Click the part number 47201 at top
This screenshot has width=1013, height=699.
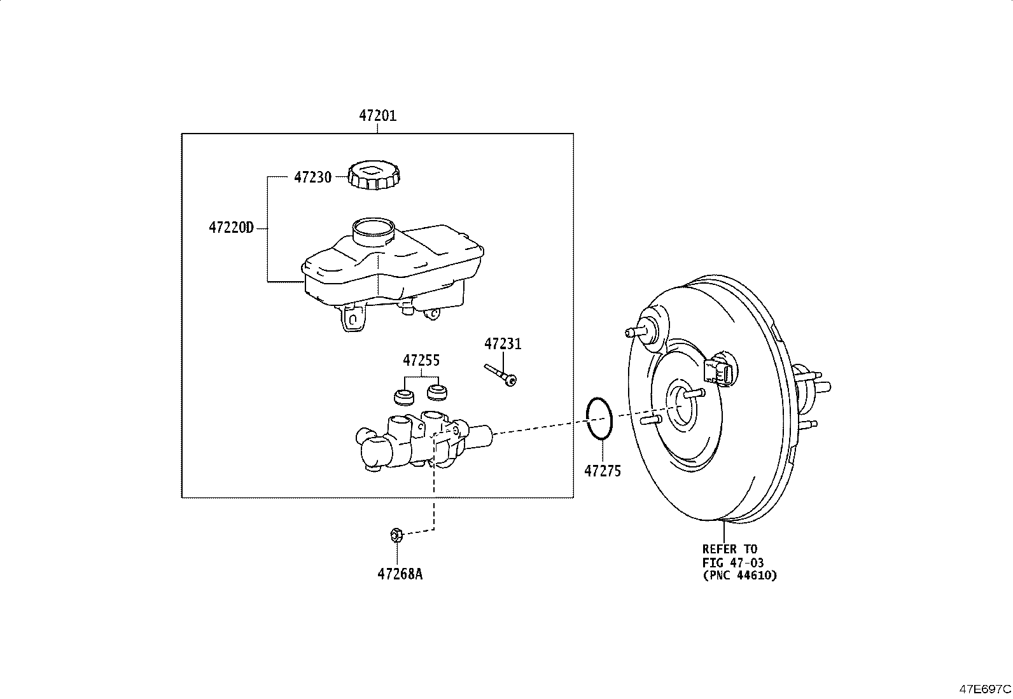pyautogui.click(x=377, y=116)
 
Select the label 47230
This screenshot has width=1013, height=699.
pyautogui.click(x=312, y=177)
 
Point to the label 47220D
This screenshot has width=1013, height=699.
pyautogui.click(x=230, y=227)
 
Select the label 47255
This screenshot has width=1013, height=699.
pyautogui.click(x=421, y=361)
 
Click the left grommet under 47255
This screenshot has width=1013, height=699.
pyautogui.click(x=403, y=396)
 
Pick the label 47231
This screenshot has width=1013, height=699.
pyautogui.click(x=502, y=344)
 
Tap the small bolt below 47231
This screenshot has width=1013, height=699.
pyautogui.click(x=501, y=375)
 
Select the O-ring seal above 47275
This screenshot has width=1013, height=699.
pyautogui.click(x=599, y=419)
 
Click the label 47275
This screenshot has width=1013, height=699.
pyautogui.click(x=602, y=471)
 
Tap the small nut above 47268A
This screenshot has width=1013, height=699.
pyautogui.click(x=395, y=535)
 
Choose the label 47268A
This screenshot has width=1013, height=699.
pyautogui.click(x=399, y=574)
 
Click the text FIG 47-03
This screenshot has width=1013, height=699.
pyautogui.click(x=732, y=562)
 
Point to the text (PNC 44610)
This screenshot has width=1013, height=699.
pyautogui.click(x=739, y=576)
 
